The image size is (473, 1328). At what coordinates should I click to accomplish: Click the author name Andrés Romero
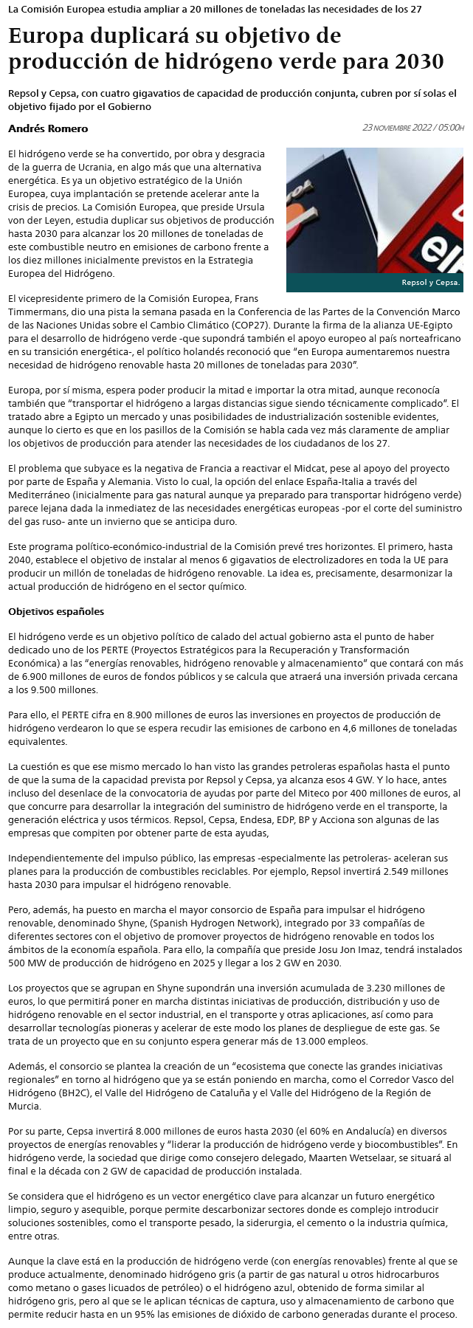[x=48, y=128]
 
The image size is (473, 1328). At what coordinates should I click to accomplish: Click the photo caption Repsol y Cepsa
[x=430, y=282]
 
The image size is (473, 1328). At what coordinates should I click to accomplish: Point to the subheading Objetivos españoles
[x=56, y=611]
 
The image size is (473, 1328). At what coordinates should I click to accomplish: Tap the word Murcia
[x=26, y=1106]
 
